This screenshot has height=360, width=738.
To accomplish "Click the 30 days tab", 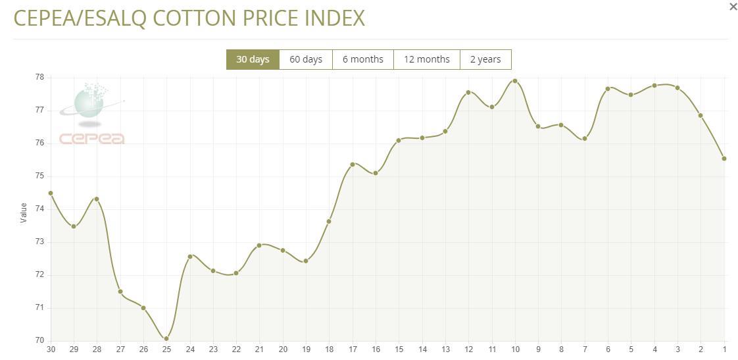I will click(x=253, y=59).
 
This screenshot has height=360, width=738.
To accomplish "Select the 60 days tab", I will click(x=306, y=59).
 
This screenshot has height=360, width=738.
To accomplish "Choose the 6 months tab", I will click(x=362, y=59).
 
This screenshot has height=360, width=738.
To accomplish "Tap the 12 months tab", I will click(x=426, y=59).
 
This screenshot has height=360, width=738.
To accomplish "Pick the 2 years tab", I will click(x=485, y=59).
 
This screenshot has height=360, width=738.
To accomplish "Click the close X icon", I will click(x=733, y=7).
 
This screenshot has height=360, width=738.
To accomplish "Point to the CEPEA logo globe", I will click(x=89, y=103).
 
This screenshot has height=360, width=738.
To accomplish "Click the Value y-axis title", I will click(x=24, y=213).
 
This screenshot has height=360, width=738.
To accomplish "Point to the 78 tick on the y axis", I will click(x=39, y=77).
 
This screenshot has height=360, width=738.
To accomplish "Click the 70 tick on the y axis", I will click(x=39, y=340).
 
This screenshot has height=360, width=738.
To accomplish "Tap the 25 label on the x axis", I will click(x=166, y=349).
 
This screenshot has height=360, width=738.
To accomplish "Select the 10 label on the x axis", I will click(x=515, y=349).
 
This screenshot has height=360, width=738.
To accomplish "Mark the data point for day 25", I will click(x=166, y=338).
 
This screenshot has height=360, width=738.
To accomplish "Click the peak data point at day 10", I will click(x=515, y=81).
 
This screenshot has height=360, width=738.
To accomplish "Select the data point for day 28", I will click(x=97, y=199).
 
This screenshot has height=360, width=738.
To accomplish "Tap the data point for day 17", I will click(x=353, y=164).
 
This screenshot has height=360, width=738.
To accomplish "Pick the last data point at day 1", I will click(x=724, y=159).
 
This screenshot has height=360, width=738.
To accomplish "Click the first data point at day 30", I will click(x=51, y=193).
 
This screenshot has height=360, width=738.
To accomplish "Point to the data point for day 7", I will click(x=585, y=138).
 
